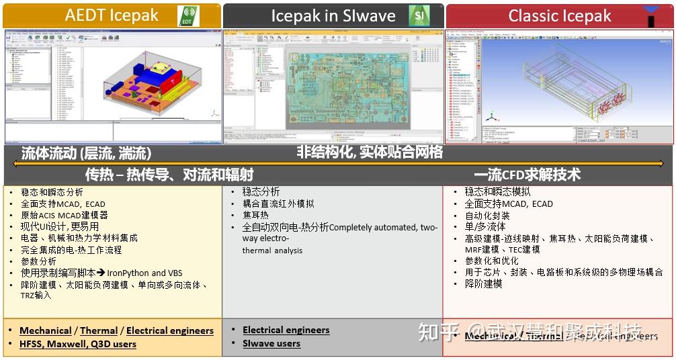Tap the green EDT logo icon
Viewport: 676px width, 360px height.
188,16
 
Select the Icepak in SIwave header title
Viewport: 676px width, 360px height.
333,16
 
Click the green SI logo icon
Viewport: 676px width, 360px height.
419,15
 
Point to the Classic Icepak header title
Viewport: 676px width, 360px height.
560,16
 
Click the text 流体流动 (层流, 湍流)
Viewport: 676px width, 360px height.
86,153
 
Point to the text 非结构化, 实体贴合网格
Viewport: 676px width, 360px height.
370,152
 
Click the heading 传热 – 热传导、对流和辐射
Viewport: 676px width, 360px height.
169,175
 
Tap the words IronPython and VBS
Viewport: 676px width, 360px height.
146,273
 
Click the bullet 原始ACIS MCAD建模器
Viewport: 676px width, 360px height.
65,216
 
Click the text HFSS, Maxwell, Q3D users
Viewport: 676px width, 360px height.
78,344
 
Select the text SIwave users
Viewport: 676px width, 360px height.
271,343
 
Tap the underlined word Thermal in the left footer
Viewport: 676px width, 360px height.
99,330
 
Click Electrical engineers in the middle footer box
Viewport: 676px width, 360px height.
286,330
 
